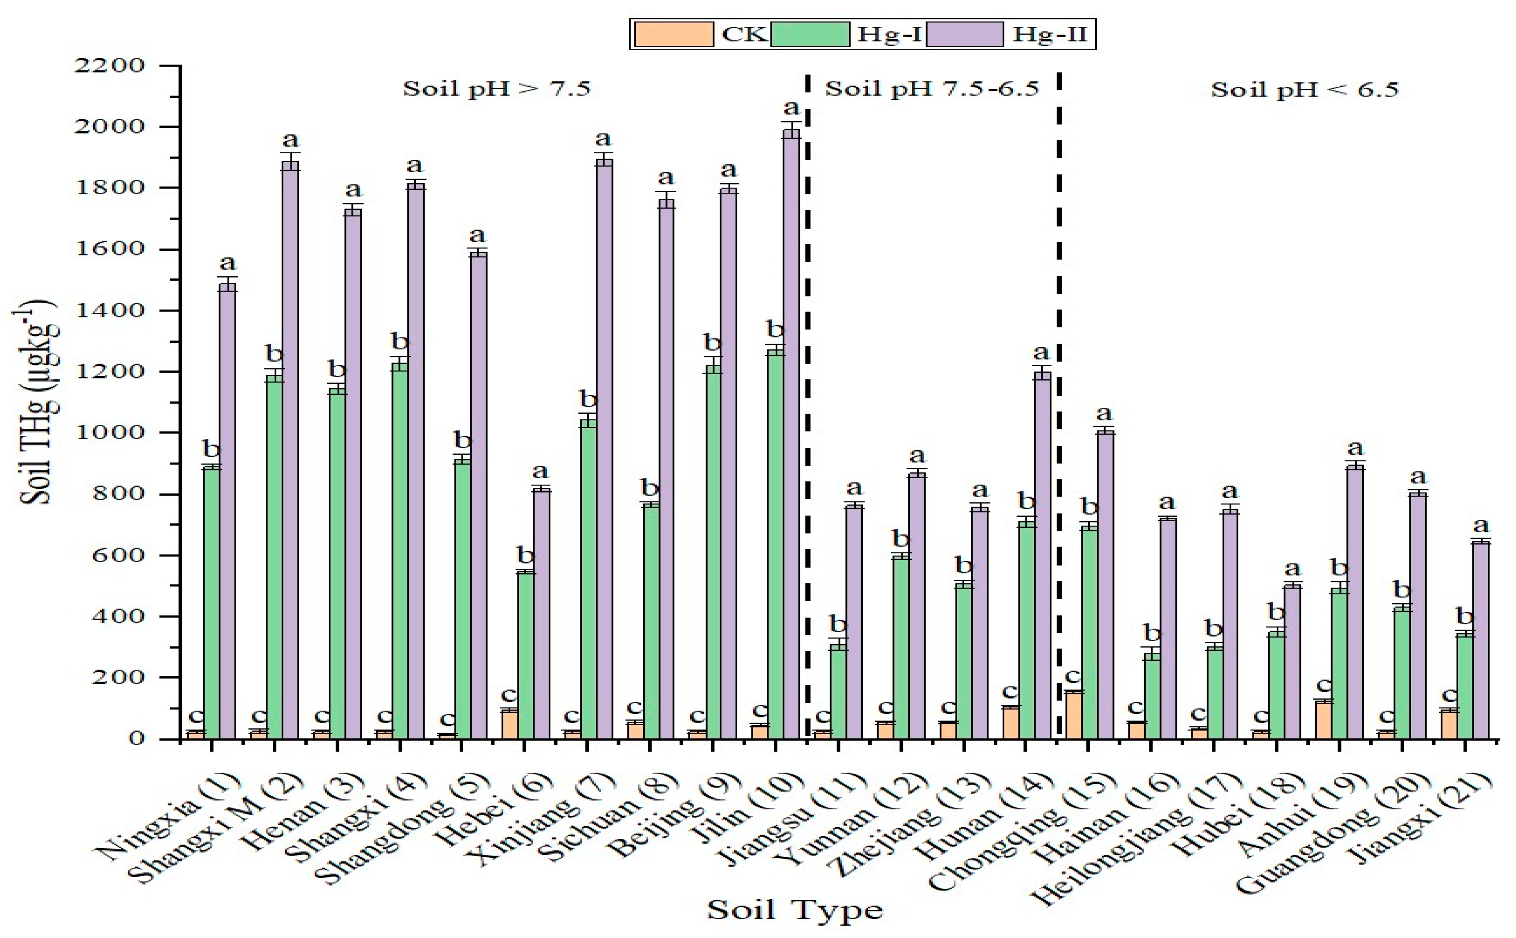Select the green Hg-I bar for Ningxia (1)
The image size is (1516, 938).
click(212, 602)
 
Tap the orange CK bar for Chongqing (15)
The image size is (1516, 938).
click(1073, 715)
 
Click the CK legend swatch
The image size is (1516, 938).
click(673, 34)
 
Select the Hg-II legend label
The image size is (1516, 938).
click(1050, 34)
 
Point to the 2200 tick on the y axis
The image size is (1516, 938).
click(109, 66)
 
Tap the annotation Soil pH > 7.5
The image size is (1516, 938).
click(496, 89)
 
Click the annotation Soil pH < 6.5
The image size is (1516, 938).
click(1305, 90)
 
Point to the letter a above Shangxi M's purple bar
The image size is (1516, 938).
click(290, 140)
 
